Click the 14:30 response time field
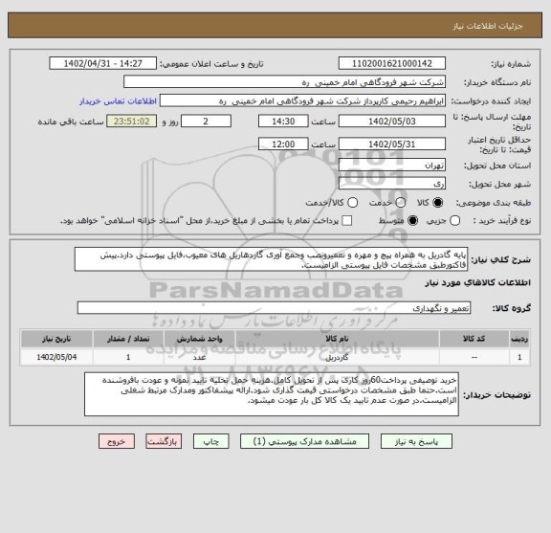283,122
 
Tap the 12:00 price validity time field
283,144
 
